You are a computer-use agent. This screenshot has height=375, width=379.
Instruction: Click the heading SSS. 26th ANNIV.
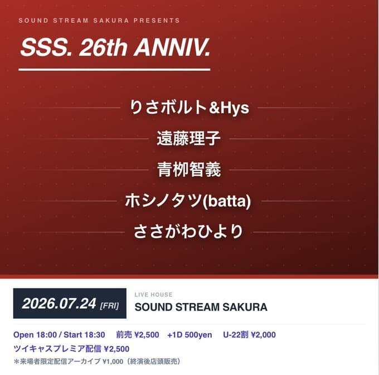click(x=115, y=47)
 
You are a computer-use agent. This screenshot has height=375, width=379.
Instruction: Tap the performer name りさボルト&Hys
click(x=189, y=108)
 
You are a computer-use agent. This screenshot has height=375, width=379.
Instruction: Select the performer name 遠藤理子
click(x=188, y=138)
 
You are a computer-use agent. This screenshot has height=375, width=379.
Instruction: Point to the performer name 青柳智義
click(x=189, y=169)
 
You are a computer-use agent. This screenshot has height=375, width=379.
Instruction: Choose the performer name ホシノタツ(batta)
click(x=188, y=201)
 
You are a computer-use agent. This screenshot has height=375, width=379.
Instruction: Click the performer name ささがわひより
click(x=188, y=231)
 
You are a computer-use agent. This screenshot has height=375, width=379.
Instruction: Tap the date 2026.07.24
click(x=59, y=304)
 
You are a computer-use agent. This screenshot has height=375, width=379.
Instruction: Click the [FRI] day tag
click(x=109, y=306)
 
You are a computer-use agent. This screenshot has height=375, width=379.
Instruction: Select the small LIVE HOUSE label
click(x=153, y=295)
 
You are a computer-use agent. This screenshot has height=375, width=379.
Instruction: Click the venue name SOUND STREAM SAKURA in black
click(x=201, y=307)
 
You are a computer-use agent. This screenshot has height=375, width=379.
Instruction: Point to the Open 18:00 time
click(x=35, y=335)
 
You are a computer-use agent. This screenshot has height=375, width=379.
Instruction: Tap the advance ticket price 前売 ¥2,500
click(x=138, y=335)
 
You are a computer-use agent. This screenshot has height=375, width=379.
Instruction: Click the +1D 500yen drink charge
click(x=189, y=335)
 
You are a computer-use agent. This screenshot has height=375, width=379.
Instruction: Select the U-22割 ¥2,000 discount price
click(x=249, y=335)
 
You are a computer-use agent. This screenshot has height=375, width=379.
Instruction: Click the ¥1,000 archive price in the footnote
click(x=113, y=362)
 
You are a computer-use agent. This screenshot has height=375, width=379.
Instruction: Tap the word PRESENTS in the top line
click(x=157, y=21)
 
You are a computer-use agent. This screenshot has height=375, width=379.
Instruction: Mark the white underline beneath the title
click(x=114, y=70)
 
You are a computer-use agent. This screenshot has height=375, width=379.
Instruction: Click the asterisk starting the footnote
click(x=16, y=362)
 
